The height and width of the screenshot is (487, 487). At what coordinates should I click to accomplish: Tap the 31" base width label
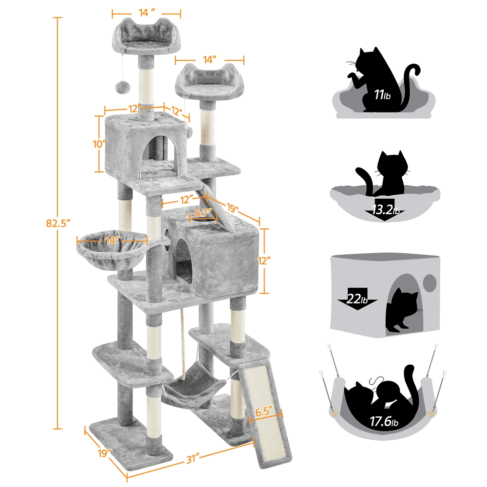coord(195,457)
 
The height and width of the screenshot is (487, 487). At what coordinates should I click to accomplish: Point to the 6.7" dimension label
coord(203,213)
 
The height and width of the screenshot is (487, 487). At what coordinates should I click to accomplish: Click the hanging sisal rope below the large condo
coord(184,341)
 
